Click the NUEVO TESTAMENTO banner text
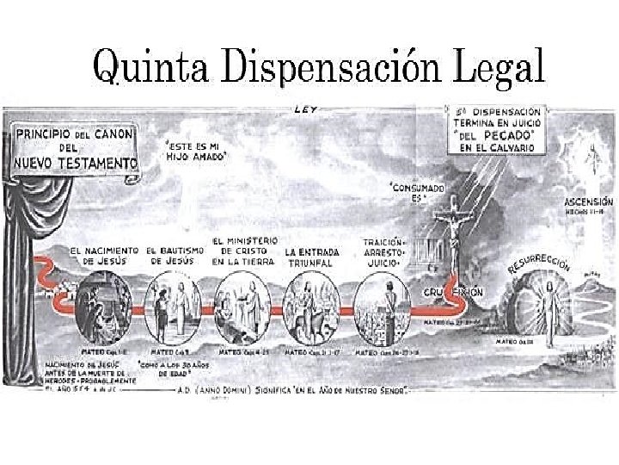[x=74, y=163]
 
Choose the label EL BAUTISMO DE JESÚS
[x=176, y=255]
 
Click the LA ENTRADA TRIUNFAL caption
[x=313, y=257]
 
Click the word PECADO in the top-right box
[x=513, y=135]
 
